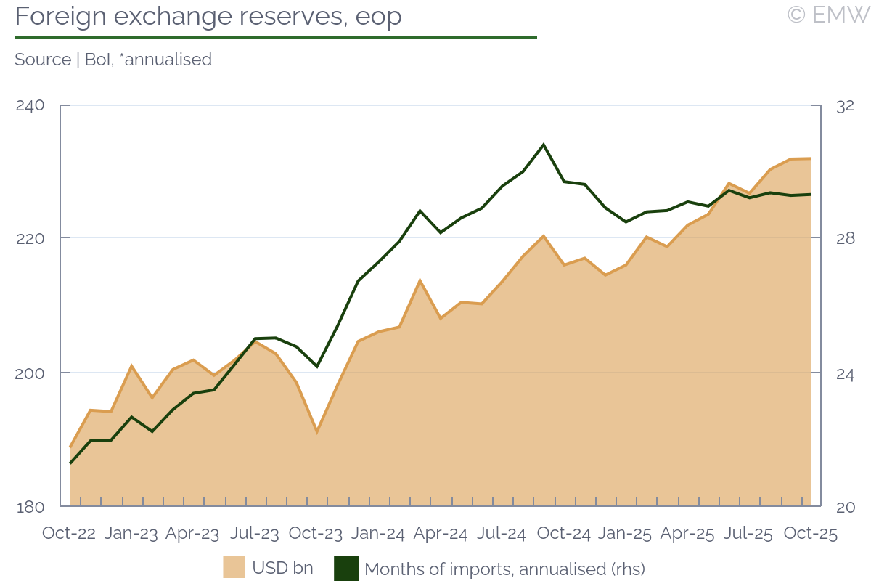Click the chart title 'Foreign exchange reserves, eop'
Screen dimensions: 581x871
(208, 17)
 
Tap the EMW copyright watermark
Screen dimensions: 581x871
(828, 14)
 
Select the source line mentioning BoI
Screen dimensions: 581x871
(113, 60)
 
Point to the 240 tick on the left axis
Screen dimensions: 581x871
(30, 106)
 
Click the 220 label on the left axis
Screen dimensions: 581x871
(30, 238)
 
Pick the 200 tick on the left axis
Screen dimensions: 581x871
(30, 373)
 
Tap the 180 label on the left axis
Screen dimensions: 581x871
(30, 507)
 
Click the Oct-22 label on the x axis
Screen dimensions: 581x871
(69, 533)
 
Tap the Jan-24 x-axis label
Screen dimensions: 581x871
(377, 533)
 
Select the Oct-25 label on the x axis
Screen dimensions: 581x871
(811, 533)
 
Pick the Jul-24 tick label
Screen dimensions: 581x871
(502, 533)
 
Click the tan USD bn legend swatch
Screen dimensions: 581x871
(234, 567)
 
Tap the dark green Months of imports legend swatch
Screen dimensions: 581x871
(345, 568)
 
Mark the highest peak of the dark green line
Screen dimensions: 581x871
(543, 145)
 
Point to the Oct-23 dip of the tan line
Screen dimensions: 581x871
(316, 432)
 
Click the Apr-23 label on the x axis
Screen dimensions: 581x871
(192, 533)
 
